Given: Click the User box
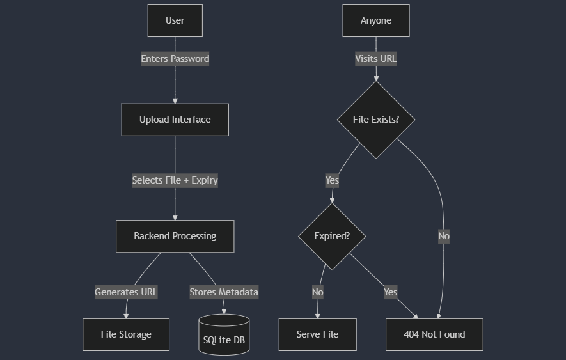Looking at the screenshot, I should point(175,20).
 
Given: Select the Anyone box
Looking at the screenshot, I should point(375,20).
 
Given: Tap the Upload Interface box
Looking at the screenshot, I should point(175,120).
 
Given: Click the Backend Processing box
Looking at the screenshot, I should point(175,236).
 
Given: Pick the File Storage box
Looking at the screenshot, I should point(126,334).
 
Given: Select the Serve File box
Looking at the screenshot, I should point(317,334).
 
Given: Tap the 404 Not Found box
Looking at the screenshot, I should point(434,334).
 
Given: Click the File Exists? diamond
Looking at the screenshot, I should point(375,120).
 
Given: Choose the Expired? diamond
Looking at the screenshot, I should point(332,236).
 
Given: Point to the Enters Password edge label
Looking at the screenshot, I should point(175,59).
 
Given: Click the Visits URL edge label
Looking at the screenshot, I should point(375,59).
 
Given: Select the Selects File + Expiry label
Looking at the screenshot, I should point(175,180).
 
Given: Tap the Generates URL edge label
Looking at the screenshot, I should point(126,292).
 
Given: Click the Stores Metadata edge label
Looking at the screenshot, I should point(224,292).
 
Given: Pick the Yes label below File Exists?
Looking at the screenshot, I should point(332,180).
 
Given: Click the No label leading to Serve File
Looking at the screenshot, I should point(318,292).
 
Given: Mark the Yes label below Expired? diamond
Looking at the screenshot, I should point(390,292).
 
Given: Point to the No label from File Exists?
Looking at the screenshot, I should point(444,236).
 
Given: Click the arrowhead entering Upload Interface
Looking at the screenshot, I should point(175,100).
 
